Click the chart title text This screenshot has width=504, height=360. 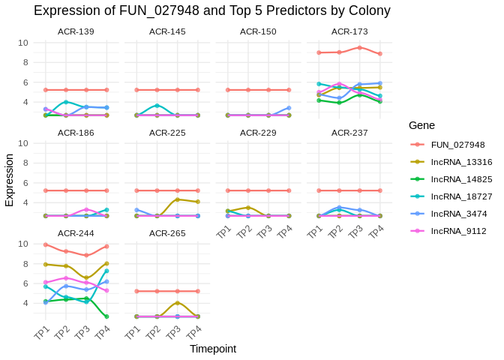(212, 10)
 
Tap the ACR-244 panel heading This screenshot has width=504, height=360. (76, 233)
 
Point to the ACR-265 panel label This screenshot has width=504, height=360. (167, 233)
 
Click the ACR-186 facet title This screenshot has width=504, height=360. (76, 133)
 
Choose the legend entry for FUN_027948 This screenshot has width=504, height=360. (457, 145)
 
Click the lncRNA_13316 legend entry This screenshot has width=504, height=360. (461, 162)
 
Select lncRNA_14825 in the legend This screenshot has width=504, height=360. (461, 179)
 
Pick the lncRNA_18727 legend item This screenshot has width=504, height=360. (461, 196)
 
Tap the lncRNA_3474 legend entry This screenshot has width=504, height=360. (458, 214)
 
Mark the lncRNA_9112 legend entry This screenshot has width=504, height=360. (458, 231)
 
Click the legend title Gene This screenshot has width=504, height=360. (422, 125)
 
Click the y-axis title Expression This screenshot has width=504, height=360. (10, 180)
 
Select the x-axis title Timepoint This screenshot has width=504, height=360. (212, 349)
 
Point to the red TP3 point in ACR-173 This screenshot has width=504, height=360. (360, 47)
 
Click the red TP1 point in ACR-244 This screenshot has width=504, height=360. (46, 244)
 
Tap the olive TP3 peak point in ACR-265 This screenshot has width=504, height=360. (178, 303)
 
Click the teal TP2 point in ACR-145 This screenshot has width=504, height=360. (157, 106)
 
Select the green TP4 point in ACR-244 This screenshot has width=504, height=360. (106, 316)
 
